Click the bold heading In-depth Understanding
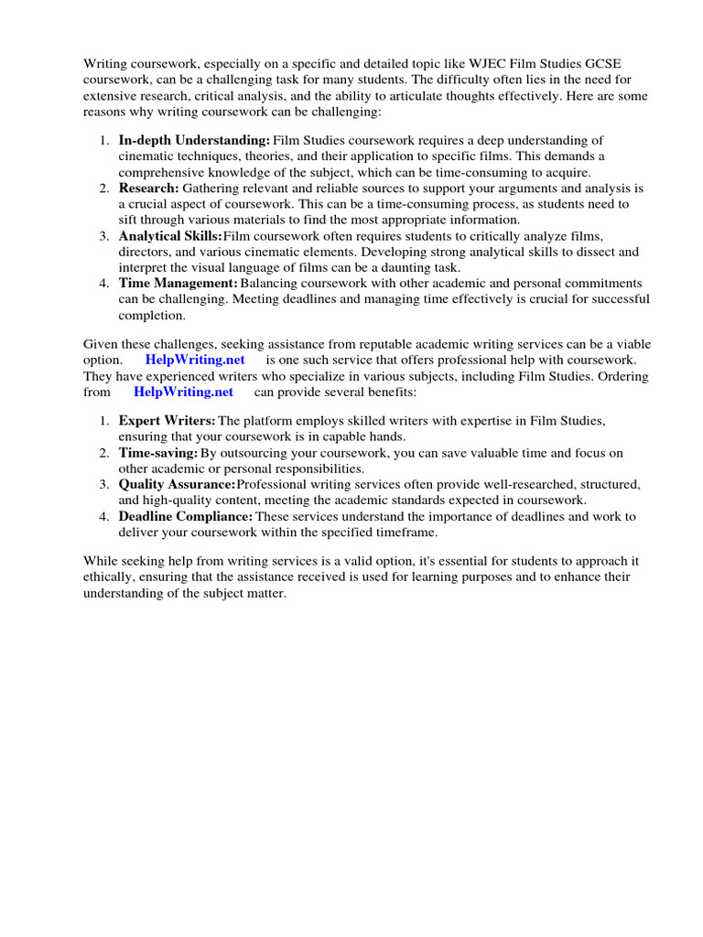pos(194,140)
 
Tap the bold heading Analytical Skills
pos(170,236)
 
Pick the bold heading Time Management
pos(178,284)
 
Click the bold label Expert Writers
pos(167,420)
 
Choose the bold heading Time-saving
pos(157,453)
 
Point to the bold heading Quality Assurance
pos(177,484)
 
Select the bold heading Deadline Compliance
pos(186,516)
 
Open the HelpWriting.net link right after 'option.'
pos(195,360)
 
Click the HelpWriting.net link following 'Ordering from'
pos(183,392)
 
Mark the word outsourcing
pos(247,453)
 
